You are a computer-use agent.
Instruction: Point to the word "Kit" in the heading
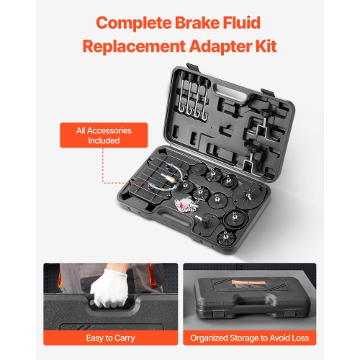[x=263, y=48]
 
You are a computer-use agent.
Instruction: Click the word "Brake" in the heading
[x=198, y=22]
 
